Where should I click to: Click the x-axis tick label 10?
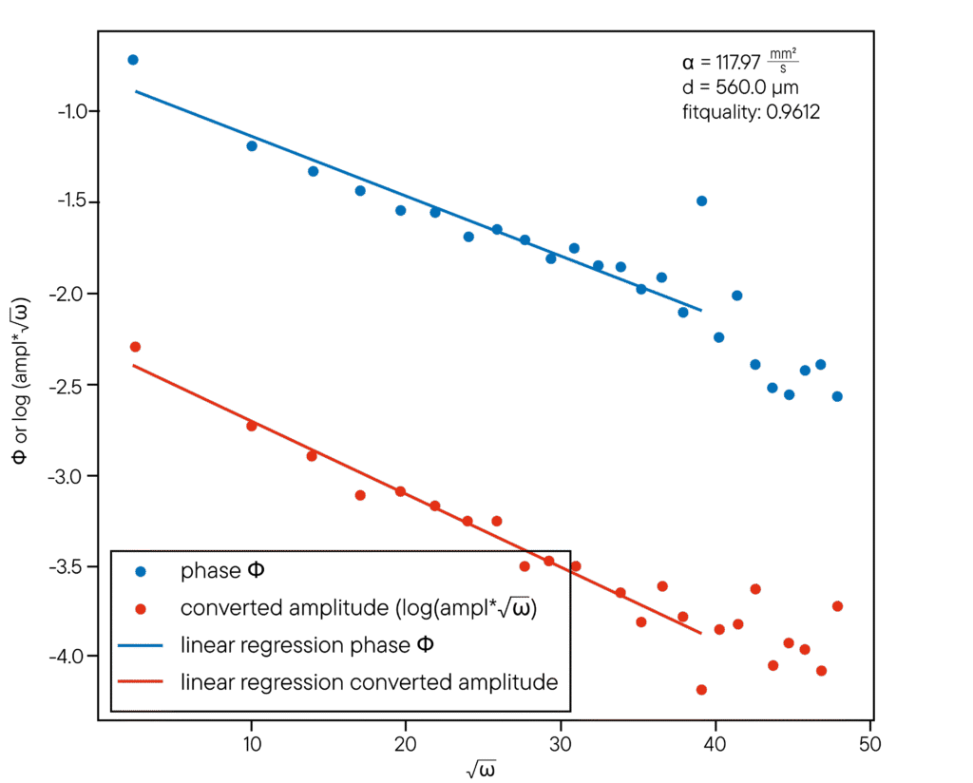click(x=252, y=740)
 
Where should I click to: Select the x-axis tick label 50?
click(x=870, y=740)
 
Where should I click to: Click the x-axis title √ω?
click(x=486, y=767)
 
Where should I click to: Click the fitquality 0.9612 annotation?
click(x=751, y=112)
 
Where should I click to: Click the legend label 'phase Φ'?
click(x=224, y=572)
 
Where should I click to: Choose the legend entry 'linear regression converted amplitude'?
click(x=369, y=682)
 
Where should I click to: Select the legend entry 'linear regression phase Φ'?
click(x=309, y=646)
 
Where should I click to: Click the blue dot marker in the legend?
click(x=141, y=572)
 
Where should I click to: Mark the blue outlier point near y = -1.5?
click(x=702, y=201)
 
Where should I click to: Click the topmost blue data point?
click(x=133, y=60)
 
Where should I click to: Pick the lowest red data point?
click(x=702, y=690)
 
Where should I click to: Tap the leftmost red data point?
click(x=135, y=347)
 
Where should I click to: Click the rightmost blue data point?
click(x=837, y=396)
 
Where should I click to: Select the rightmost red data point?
click(x=837, y=606)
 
